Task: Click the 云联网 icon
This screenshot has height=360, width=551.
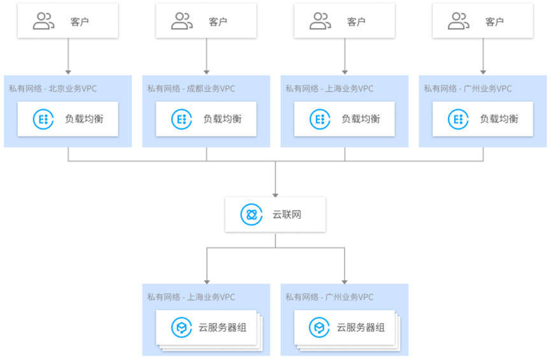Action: (251, 215)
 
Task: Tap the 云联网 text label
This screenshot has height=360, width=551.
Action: (287, 215)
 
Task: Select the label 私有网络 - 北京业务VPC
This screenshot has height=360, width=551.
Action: (53, 89)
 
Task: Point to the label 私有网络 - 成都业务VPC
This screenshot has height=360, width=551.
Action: (191, 89)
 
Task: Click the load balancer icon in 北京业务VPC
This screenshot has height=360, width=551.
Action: (43, 119)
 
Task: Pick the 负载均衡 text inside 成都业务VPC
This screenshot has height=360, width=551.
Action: (222, 119)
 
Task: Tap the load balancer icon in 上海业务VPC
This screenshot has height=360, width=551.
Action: (320, 119)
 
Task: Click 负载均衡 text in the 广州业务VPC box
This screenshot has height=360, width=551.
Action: (499, 119)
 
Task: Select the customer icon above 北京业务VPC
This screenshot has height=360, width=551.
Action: (43, 21)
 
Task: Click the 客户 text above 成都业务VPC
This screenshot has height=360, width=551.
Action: (218, 22)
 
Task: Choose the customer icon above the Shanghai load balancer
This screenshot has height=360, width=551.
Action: (320, 21)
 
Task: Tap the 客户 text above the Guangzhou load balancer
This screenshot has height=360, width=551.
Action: (494, 22)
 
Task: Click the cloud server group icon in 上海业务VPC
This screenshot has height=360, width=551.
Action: (182, 328)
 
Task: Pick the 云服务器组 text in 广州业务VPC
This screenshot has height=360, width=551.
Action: (361, 328)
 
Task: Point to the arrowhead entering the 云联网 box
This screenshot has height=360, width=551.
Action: (275, 195)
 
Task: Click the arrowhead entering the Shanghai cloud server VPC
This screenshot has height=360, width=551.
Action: (207, 282)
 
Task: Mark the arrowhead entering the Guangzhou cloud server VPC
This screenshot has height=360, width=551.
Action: (345, 282)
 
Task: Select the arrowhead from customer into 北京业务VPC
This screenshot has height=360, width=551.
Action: (68, 72)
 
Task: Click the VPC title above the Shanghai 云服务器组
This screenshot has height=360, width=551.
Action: (191, 297)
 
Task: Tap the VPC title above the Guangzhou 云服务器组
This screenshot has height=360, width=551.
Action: (329, 297)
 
